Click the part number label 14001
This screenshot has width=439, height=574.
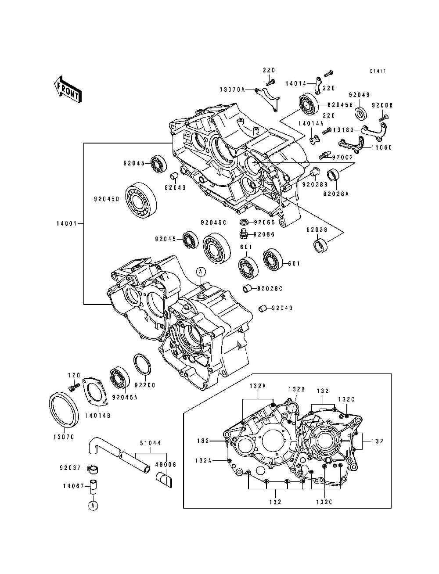pyautogui.click(x=66, y=223)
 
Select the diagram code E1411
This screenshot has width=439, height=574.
pyautogui.click(x=378, y=71)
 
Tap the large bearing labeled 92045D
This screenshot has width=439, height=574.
pyautogui.click(x=141, y=199)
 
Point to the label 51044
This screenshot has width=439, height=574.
pyautogui.click(x=151, y=443)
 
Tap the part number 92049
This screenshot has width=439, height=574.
pyautogui.click(x=359, y=95)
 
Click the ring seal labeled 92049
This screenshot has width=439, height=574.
pyautogui.click(x=360, y=113)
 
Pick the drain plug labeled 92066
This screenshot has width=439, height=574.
pyautogui.click(x=244, y=233)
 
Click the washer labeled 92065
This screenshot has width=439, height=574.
pyautogui.click(x=244, y=222)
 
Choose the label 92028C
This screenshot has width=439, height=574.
pyautogui.click(x=270, y=288)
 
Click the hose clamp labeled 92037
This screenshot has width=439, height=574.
pyautogui.click(x=94, y=469)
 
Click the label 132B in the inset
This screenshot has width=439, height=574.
pyautogui.click(x=297, y=396)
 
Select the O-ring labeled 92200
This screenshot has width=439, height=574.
pyautogui.click(x=142, y=365)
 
